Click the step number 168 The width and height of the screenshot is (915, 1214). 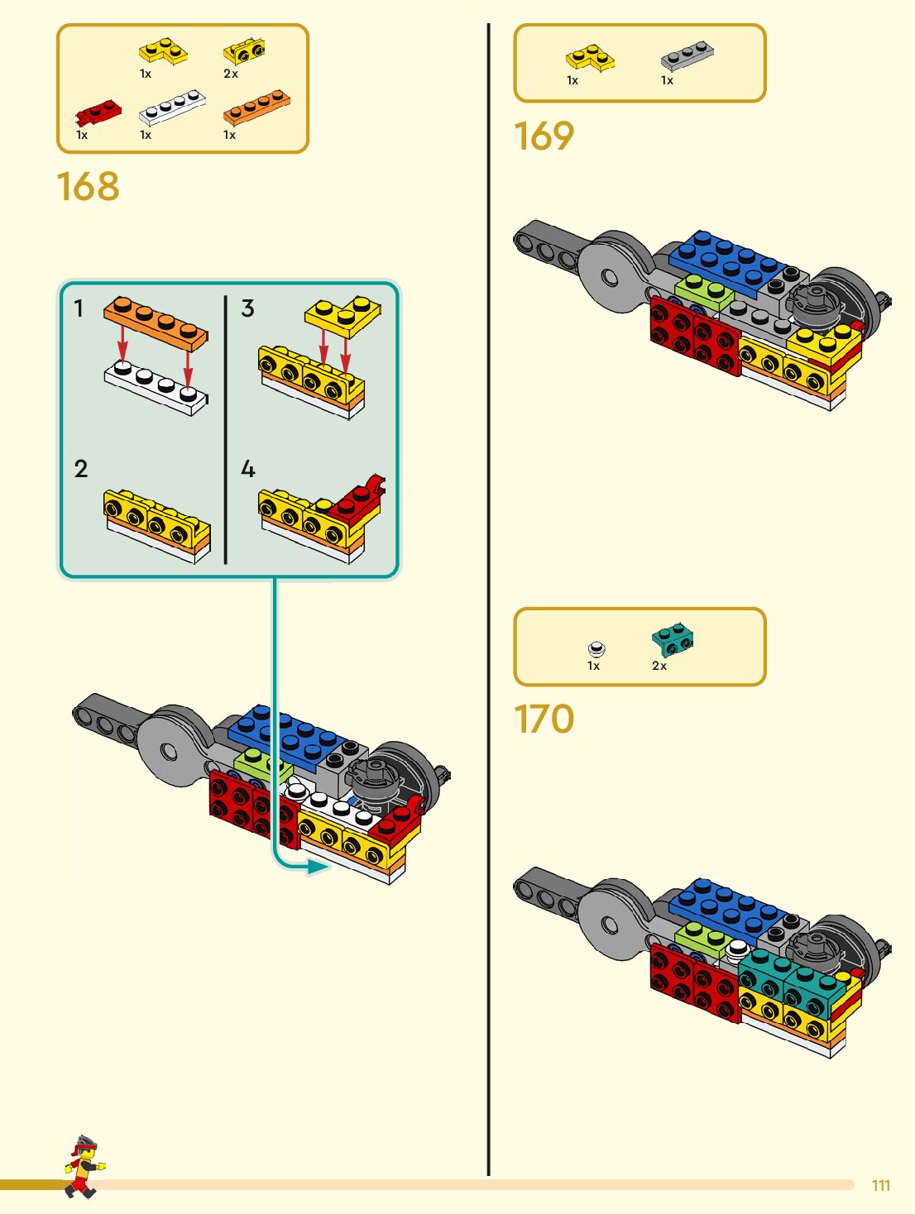click(x=88, y=187)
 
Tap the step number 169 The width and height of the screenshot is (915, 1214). click(x=544, y=136)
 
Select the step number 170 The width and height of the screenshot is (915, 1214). click(x=544, y=719)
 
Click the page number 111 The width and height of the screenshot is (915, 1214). click(x=881, y=1186)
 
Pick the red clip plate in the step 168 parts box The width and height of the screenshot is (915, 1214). click(x=98, y=112)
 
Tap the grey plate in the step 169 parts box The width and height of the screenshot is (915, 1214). click(x=687, y=56)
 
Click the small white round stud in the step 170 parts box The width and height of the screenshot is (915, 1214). click(x=596, y=649)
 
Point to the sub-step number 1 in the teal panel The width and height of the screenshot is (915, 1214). click(x=79, y=309)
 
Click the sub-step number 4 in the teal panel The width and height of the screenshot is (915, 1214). click(x=247, y=470)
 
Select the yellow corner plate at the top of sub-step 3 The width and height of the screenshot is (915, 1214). click(x=344, y=314)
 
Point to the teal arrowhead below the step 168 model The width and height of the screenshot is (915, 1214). click(x=318, y=867)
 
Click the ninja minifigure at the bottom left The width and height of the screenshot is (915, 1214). click(x=83, y=1166)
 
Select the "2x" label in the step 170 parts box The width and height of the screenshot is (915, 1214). click(x=659, y=666)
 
